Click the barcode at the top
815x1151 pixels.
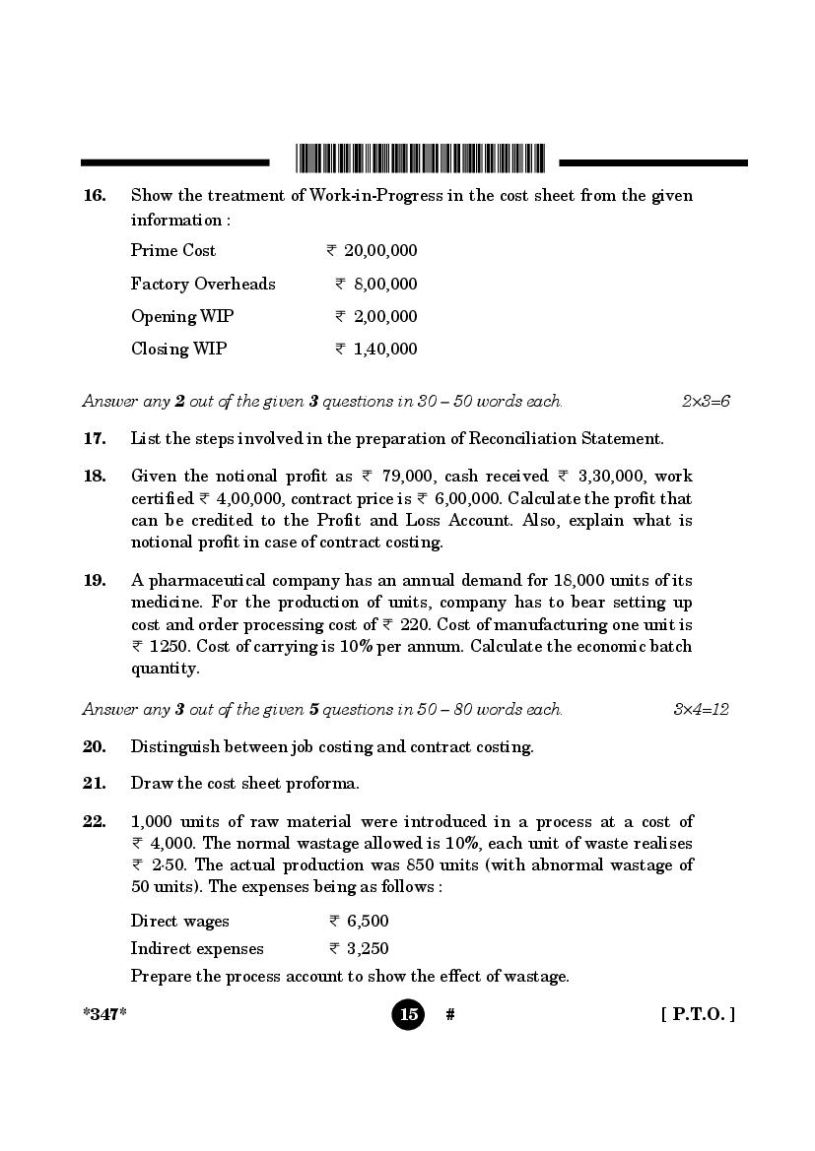pos(419,159)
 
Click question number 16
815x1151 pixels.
pos(95,196)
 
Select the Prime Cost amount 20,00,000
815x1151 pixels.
pos(380,251)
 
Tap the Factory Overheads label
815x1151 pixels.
pos(203,285)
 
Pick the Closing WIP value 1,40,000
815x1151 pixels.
pos(385,350)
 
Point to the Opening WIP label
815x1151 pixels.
pos(182,317)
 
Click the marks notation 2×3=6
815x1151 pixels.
pos(706,402)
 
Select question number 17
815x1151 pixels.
pos(95,439)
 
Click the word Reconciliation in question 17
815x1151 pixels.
pos(519,439)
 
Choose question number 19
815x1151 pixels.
pos(95,581)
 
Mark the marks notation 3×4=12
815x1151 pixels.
pos(701,710)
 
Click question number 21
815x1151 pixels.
pos(95,785)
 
